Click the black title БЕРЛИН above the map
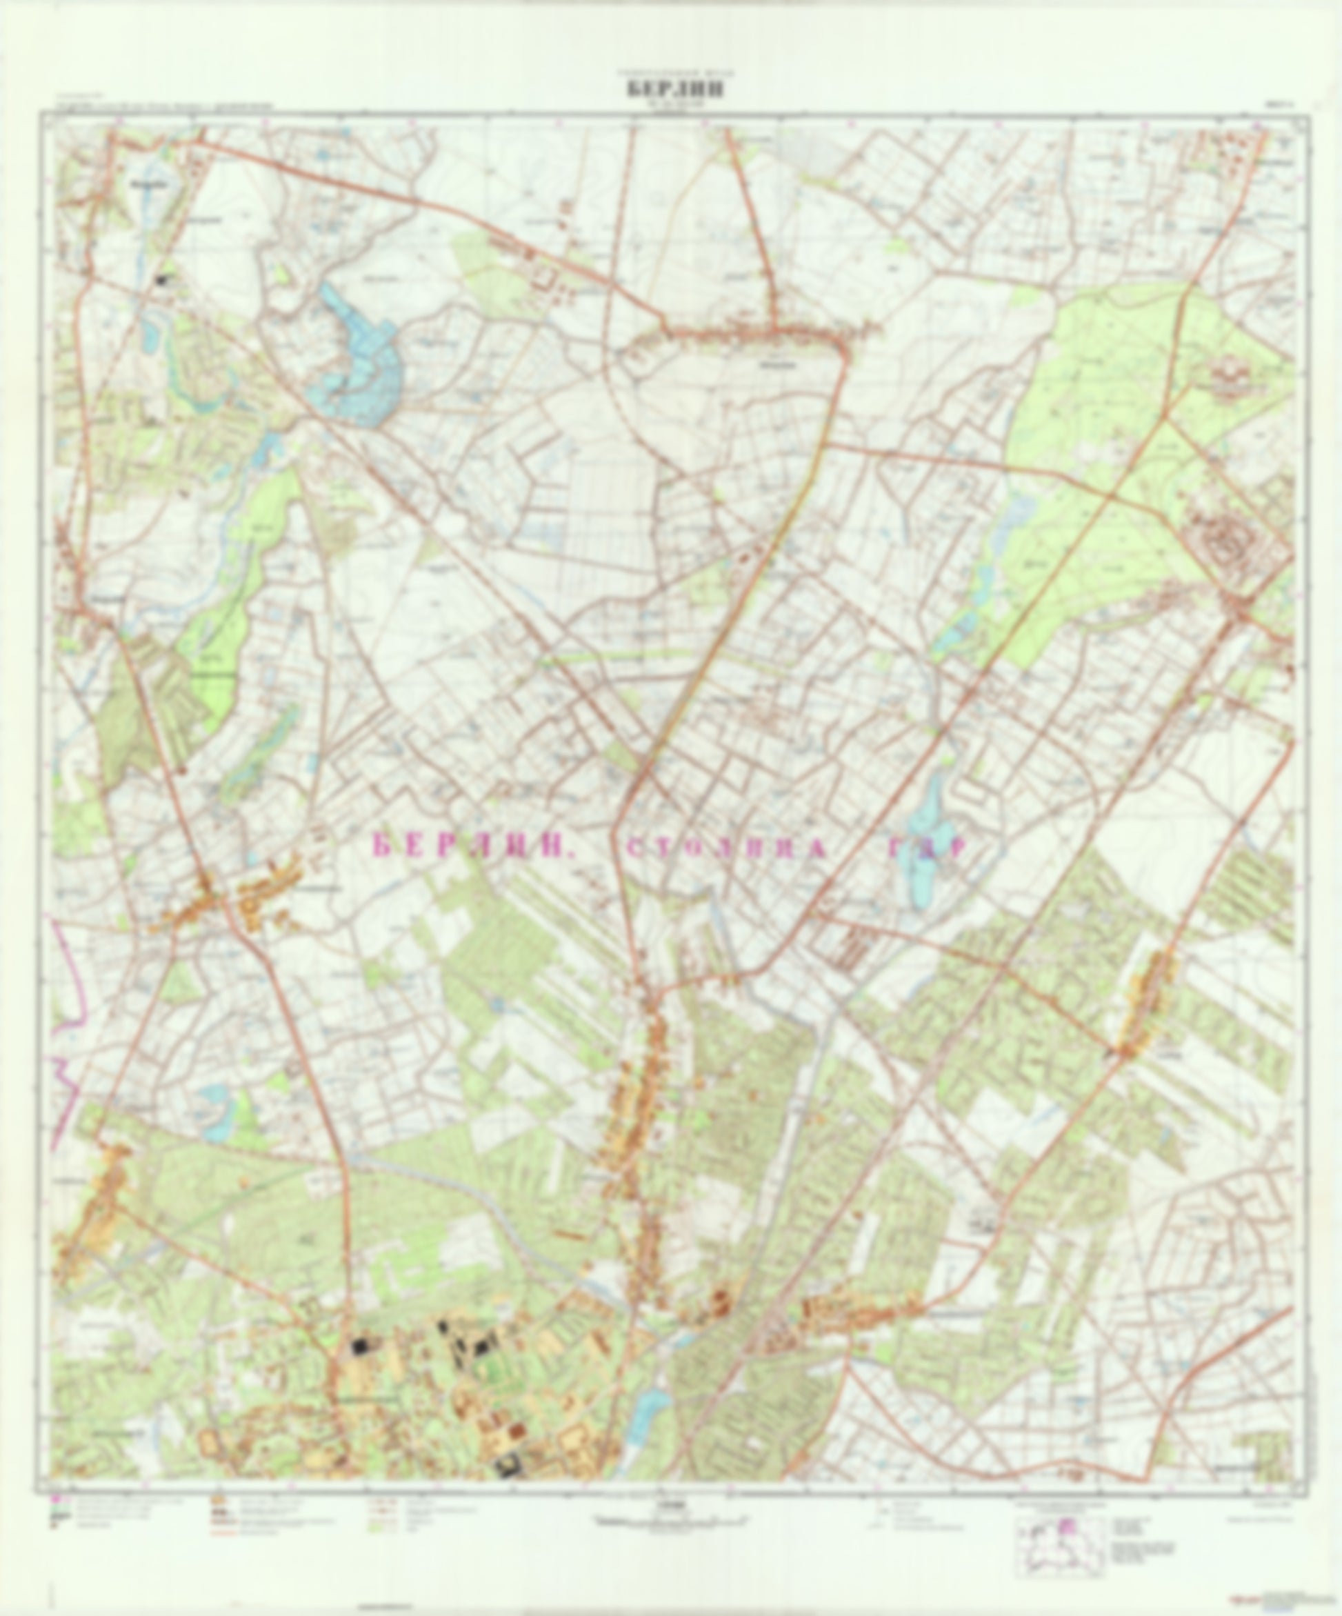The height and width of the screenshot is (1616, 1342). [675, 89]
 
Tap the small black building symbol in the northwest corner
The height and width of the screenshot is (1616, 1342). [161, 281]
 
